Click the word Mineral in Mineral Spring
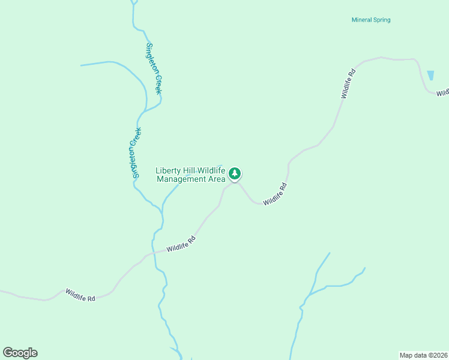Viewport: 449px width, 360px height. pyautogui.click(x=362, y=20)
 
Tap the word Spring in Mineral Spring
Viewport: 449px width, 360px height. pyautogui.click(x=382, y=20)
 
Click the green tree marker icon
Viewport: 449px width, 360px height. pyautogui.click(x=235, y=174)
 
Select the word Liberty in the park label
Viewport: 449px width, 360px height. pyautogui.click(x=168, y=170)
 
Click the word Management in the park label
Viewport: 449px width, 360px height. pyautogui.click(x=182, y=179)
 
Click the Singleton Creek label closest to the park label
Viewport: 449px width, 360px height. pyautogui.click(x=136, y=152)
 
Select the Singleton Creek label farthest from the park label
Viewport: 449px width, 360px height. pyautogui.click(x=155, y=68)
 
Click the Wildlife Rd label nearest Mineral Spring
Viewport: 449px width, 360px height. pyautogui.click(x=348, y=83)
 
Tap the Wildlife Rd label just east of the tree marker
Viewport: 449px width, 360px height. pyautogui.click(x=275, y=194)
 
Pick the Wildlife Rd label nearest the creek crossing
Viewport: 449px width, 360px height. pyautogui.click(x=181, y=244)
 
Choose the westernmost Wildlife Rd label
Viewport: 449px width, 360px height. pyautogui.click(x=80, y=295)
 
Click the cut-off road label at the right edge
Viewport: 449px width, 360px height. pyautogui.click(x=442, y=93)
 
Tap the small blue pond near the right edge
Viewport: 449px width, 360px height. pyautogui.click(x=430, y=76)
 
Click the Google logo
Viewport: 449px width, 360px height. pyautogui.click(x=20, y=353)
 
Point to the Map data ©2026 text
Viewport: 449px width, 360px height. pyautogui.click(x=423, y=355)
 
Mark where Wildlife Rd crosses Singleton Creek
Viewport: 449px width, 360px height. pyautogui.click(x=153, y=253)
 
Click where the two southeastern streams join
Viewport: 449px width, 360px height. pyautogui.click(x=307, y=296)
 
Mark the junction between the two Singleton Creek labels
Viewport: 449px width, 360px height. pyautogui.click(x=144, y=111)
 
